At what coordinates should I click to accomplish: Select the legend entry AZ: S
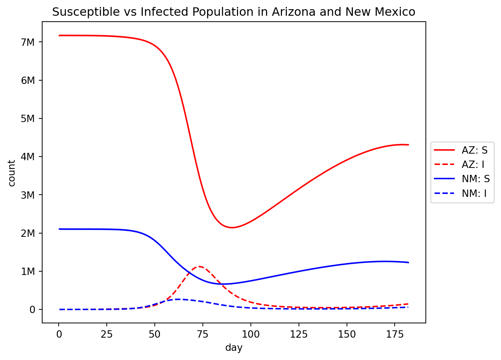[x=475, y=150]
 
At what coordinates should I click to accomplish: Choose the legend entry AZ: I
[x=473, y=165]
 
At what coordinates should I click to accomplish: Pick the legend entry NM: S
[x=476, y=179]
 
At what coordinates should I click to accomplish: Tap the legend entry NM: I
[x=474, y=193]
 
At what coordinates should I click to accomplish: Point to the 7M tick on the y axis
[x=28, y=42]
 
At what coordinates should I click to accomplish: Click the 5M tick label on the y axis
[x=28, y=118]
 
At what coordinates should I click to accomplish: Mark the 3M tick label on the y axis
[x=28, y=195]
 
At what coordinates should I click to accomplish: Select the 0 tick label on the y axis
[x=32, y=310]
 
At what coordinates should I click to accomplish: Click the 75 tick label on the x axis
[x=202, y=334]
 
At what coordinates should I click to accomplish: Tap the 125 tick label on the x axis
[x=299, y=334]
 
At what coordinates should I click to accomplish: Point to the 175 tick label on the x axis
[x=395, y=334]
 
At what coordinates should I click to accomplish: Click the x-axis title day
[x=234, y=348]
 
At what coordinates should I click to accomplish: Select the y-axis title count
[x=12, y=173]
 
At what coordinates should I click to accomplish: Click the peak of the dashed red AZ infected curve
[x=200, y=267]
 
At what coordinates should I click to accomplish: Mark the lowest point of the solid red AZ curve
[x=232, y=228]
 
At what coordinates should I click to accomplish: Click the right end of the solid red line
[x=408, y=145]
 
